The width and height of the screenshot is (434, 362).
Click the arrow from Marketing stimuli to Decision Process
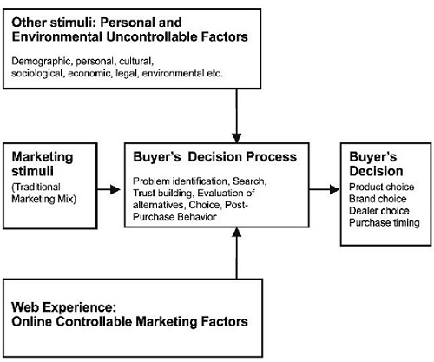(x=109, y=187)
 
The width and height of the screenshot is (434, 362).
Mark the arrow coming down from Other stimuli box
(x=236, y=114)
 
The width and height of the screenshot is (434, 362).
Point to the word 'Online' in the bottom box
(x=32, y=322)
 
